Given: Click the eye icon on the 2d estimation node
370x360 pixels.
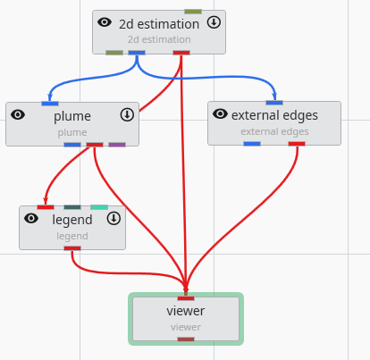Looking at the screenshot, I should [x=105, y=22].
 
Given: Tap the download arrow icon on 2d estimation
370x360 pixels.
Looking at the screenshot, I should [x=214, y=22].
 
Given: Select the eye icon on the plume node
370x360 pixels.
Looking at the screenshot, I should [x=18, y=114].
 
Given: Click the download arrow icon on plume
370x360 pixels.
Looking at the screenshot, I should [x=127, y=114].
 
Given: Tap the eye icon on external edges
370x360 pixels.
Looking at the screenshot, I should [x=220, y=113].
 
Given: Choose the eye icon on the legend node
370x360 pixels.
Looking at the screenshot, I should [x=31, y=218].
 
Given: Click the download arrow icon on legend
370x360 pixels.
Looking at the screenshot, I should [x=114, y=218].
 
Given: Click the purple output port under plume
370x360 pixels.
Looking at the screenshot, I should [x=117, y=144].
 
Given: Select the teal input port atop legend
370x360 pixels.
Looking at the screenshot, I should [x=98, y=207].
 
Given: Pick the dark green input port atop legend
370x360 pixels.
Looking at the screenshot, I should [x=72, y=207].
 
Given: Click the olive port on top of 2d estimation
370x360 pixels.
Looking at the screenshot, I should [x=193, y=12].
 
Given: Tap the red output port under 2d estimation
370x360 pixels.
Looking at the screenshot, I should [x=181, y=53].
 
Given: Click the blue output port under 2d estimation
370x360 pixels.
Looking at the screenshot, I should [x=137, y=53].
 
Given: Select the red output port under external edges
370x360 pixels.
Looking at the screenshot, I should [x=297, y=143].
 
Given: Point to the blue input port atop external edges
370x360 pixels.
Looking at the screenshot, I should [x=274, y=103].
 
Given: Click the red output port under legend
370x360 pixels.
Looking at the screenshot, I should [x=72, y=247].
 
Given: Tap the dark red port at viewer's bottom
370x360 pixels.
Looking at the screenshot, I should [x=186, y=339].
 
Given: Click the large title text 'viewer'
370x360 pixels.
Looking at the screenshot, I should [x=186, y=311].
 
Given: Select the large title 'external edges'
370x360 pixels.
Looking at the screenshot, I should [x=274, y=115].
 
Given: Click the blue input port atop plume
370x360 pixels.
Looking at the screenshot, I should [x=50, y=104].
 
